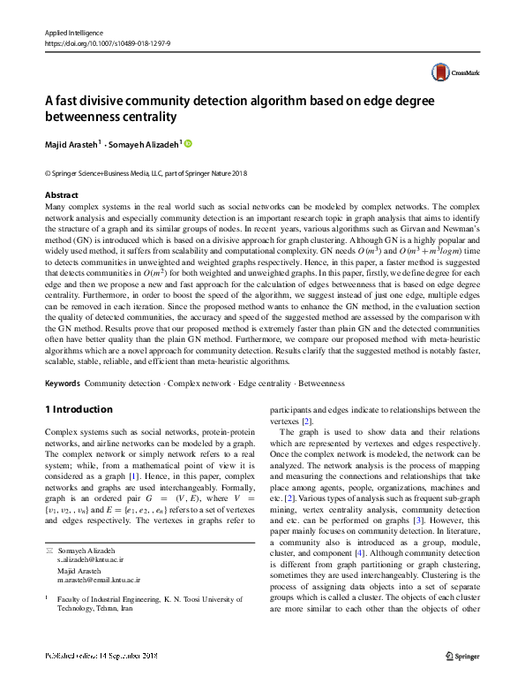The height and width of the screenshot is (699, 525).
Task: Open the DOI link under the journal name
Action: pyautogui.click(x=108, y=42)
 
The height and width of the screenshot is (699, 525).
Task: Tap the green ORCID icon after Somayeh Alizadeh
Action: pyautogui.click(x=187, y=143)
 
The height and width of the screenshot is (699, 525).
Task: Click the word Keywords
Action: pyautogui.click(x=62, y=384)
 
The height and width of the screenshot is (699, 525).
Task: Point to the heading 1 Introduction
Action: pyautogui.click(x=79, y=409)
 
